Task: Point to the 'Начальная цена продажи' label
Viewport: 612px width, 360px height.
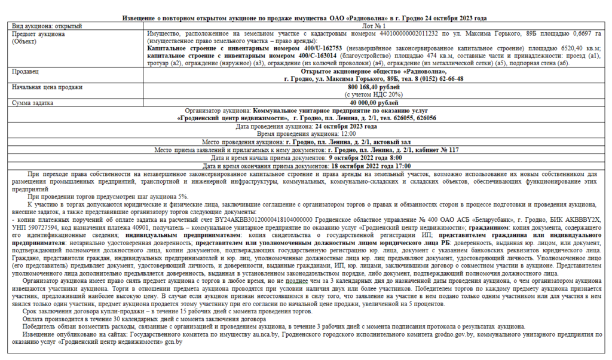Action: coord(47,87)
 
